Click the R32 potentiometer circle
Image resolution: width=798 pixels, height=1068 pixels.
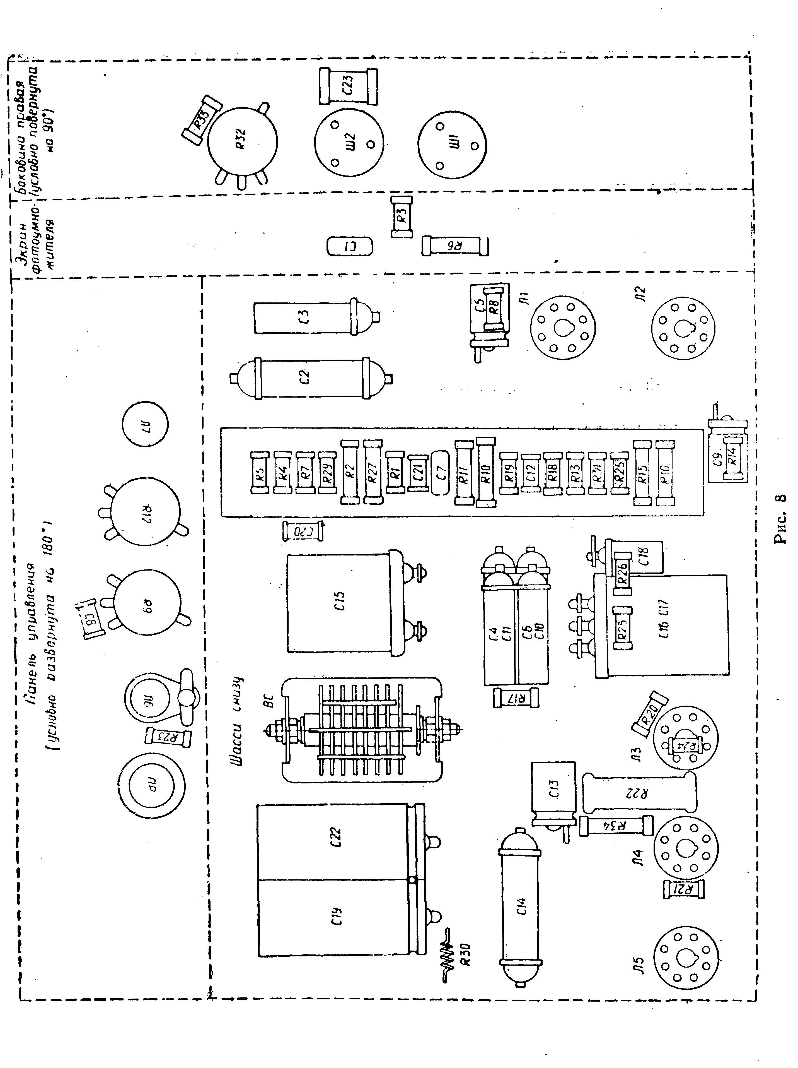tap(242, 143)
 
